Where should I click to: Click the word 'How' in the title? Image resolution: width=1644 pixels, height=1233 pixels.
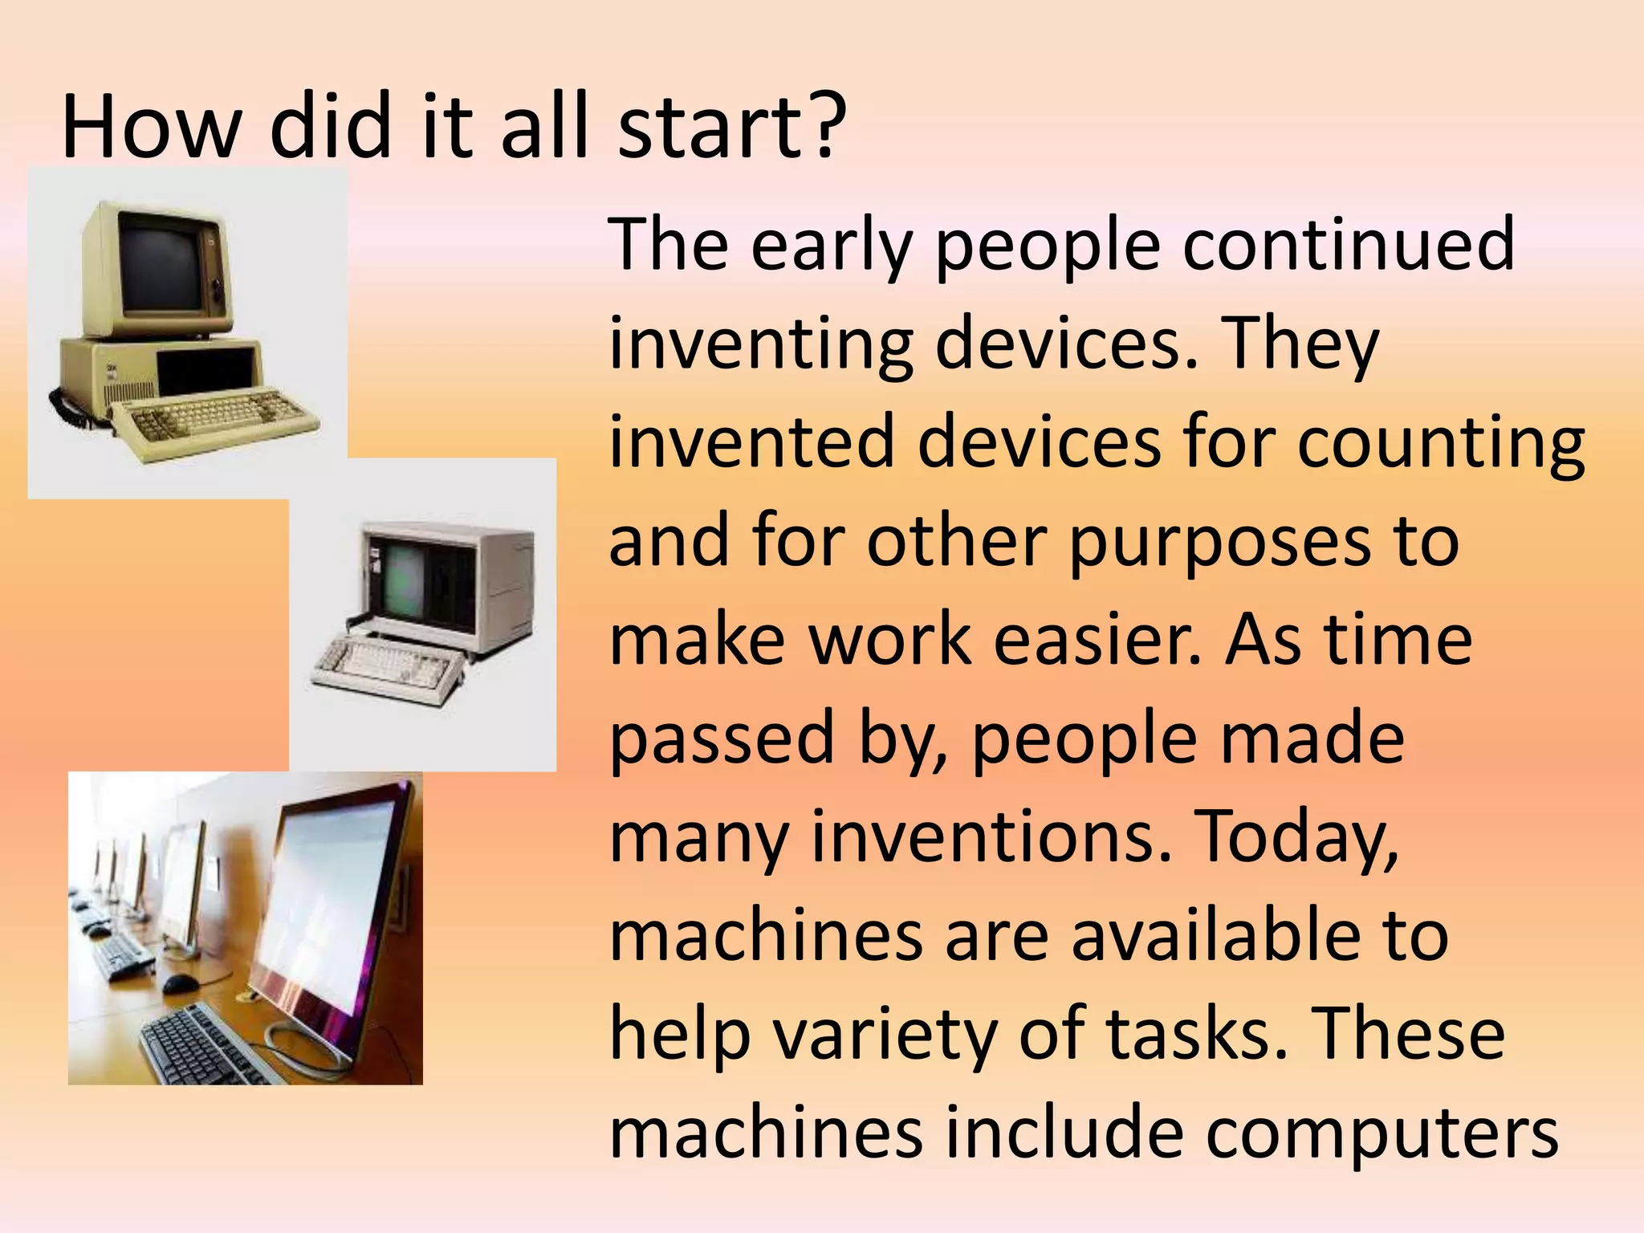click(151, 127)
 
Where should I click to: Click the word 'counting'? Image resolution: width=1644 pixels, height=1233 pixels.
click(1441, 443)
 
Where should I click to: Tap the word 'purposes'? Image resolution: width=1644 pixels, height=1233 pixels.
click(1219, 542)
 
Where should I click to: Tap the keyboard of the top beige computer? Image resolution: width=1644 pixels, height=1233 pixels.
click(213, 417)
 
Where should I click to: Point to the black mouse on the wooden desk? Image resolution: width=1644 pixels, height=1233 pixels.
click(180, 983)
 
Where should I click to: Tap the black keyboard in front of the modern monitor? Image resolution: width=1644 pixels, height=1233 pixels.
click(209, 1044)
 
